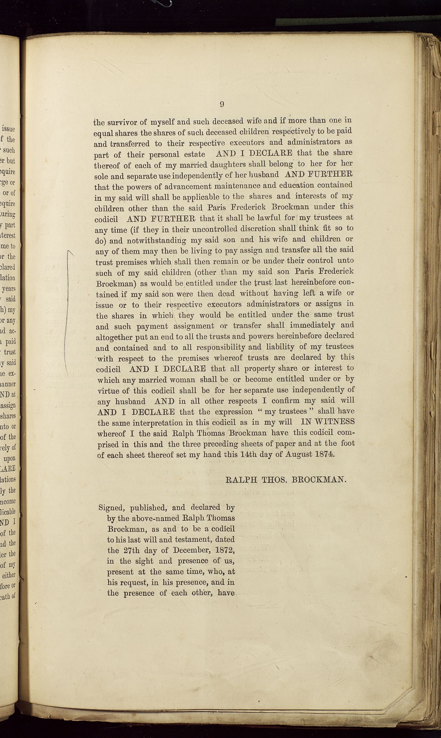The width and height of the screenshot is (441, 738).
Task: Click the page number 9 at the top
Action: pos(222,104)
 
